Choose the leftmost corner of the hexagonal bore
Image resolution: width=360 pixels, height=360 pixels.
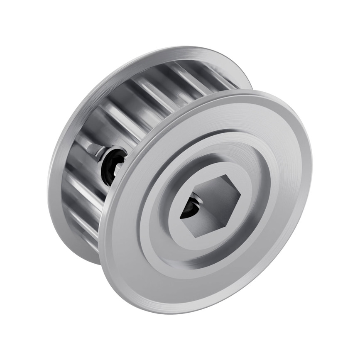pyautogui.click(x=180, y=218)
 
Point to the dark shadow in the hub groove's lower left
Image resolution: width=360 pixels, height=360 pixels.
pyautogui.click(x=166, y=257)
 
